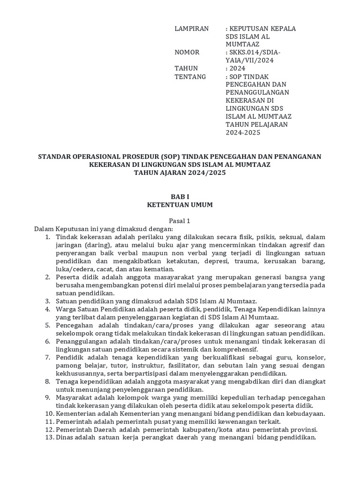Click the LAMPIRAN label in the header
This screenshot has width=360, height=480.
click(191, 29)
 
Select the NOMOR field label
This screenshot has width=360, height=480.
click(187, 52)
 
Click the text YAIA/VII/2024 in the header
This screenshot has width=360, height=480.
click(249, 60)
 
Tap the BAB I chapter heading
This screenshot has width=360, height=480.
click(180, 196)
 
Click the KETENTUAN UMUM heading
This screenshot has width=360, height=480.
click(180, 204)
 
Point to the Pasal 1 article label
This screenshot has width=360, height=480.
click(180, 221)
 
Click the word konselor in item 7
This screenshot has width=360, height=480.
click(312, 357)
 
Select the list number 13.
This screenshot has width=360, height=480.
click(49, 437)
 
